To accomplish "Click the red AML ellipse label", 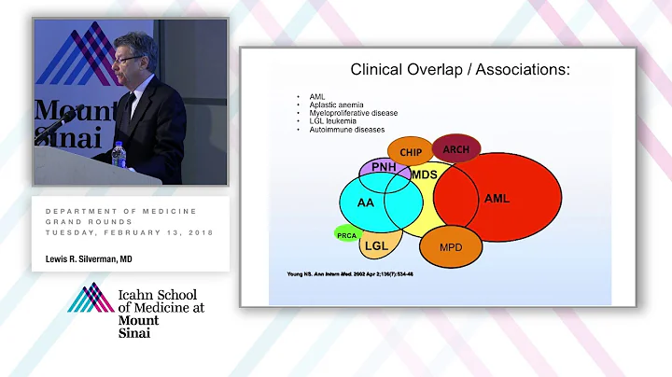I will (497, 198).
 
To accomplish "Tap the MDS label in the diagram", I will (425, 175).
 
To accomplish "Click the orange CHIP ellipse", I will (412, 152).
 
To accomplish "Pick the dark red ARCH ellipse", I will (456, 148).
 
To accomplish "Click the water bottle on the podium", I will (119, 153).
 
